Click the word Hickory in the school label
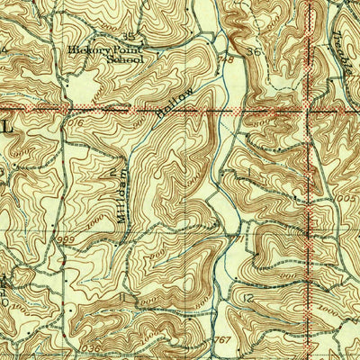(x=85, y=50)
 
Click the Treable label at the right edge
(x=346, y=36)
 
